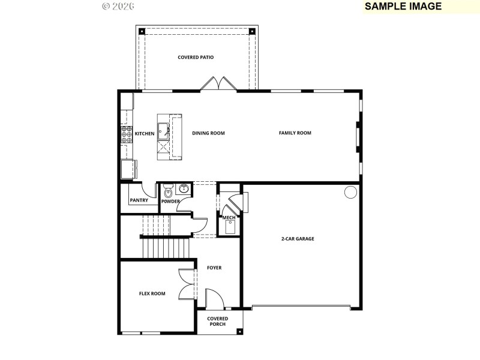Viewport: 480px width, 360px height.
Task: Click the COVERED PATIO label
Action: pos(196,58)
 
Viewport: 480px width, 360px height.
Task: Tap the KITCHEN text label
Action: pos(144,133)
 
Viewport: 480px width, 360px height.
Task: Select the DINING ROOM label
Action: pos(208,133)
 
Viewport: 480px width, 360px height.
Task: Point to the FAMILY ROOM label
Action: pos(295,133)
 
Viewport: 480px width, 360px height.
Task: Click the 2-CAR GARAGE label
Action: pos(298,239)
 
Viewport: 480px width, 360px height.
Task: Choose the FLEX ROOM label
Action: pos(152,293)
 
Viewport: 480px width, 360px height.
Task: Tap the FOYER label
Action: pos(214,268)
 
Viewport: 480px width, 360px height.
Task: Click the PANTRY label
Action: pos(139,200)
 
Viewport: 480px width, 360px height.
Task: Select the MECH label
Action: pos(229,218)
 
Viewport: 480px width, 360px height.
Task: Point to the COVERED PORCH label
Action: pos(217,321)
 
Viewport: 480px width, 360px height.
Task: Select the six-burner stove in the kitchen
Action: pos(127,136)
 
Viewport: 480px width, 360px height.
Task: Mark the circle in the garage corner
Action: pos(349,192)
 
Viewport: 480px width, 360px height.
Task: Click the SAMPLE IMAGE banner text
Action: pos(403,7)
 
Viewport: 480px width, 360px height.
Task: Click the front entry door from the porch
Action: pos(214,299)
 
